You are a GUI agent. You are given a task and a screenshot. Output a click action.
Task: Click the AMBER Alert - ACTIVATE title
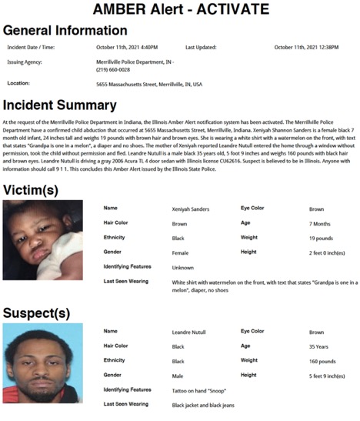point(180,9)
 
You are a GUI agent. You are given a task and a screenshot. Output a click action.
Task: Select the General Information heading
point(65,30)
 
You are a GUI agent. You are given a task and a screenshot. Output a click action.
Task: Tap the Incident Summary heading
point(60,105)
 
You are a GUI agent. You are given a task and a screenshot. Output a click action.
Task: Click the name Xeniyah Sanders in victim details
point(189,208)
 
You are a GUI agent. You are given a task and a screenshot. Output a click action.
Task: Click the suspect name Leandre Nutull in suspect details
point(189,332)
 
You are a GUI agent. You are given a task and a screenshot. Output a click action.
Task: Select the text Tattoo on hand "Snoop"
point(199,389)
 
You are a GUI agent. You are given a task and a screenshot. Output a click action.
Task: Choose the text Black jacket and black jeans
point(202,404)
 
